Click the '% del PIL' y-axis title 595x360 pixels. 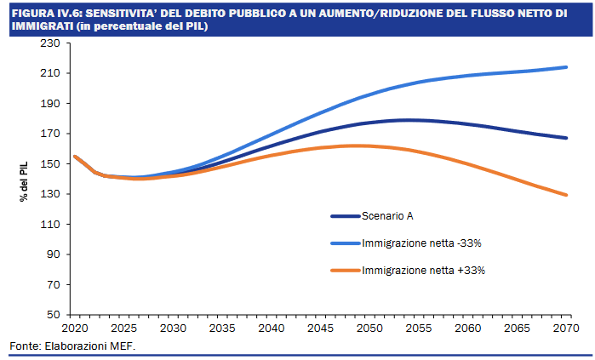(25, 179)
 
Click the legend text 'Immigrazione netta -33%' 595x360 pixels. (423, 243)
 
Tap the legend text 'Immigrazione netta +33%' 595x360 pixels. (423, 271)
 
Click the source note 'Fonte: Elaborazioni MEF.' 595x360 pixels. (72, 346)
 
